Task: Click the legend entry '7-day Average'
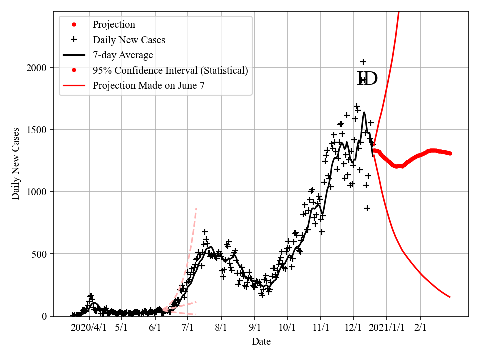tap(123, 55)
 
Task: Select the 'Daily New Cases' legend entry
tap(129, 40)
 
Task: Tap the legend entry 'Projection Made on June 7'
tap(148, 85)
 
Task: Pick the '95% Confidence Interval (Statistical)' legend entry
tap(170, 70)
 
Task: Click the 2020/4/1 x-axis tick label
tap(89, 328)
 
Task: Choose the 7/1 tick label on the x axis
tap(188, 328)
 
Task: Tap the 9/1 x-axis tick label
tap(255, 328)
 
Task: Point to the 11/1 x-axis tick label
tap(321, 328)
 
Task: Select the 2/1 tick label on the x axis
tap(420, 328)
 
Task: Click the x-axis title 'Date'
tap(261, 342)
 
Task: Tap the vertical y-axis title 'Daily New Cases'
tap(16, 164)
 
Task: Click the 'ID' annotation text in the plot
tap(367, 79)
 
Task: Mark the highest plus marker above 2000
tap(363, 62)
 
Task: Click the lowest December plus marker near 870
tap(367, 208)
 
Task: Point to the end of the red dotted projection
tap(450, 153)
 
